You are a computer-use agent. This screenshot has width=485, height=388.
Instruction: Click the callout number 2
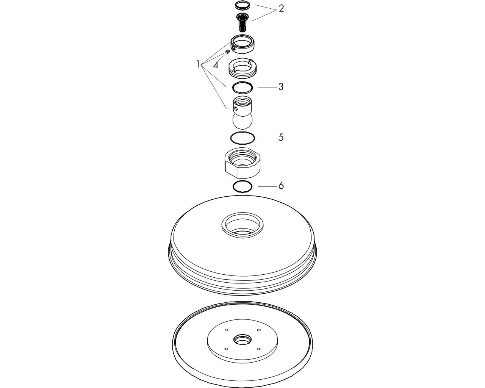(281, 9)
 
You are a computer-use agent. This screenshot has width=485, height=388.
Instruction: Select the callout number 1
(198, 64)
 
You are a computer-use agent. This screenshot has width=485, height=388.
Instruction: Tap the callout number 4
(216, 66)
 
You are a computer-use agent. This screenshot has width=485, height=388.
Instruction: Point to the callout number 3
(281, 87)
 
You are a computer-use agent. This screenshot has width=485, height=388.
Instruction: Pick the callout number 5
(281, 137)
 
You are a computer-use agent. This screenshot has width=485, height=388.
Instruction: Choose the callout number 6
(281, 186)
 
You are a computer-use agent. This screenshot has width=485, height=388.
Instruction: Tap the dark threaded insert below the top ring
(242, 22)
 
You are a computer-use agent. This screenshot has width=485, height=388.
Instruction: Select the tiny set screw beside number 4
(228, 52)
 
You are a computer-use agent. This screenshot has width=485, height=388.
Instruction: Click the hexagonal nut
(242, 163)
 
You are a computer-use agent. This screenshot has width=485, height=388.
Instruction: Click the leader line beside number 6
(268, 186)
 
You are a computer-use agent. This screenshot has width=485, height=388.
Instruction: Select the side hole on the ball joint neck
(236, 109)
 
